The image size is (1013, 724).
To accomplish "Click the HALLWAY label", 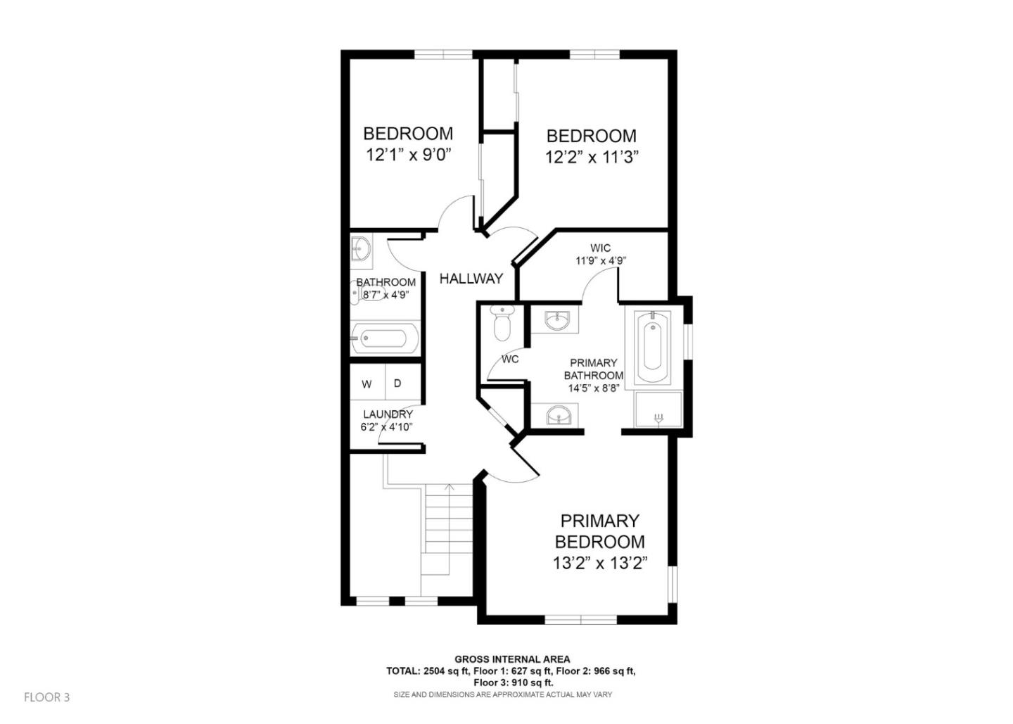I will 471,279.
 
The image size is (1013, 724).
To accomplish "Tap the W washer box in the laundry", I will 367,384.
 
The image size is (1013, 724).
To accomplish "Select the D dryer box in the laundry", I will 397,383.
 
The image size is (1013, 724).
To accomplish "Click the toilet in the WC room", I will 502,323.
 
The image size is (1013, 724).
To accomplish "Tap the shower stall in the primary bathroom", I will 658,410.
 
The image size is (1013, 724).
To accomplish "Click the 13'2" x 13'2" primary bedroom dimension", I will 599,564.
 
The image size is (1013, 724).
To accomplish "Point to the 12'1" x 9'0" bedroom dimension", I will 408,154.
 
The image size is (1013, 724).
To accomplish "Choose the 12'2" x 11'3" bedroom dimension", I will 591,157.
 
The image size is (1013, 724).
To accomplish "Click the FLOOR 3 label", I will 47,697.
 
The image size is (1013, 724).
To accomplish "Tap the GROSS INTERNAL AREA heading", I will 511,659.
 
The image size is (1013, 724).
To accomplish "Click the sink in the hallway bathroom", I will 362,249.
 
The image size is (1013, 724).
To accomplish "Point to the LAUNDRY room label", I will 388,414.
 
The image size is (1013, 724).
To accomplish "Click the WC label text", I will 510,360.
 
